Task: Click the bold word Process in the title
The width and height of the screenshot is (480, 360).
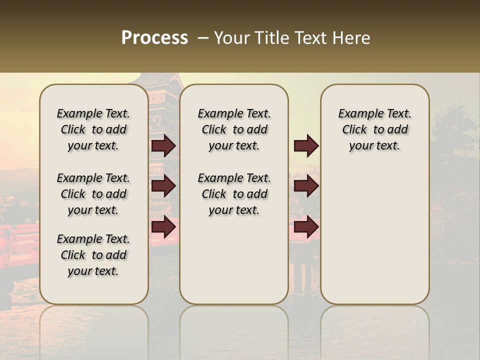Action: point(154,38)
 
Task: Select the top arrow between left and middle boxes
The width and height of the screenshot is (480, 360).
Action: point(163,145)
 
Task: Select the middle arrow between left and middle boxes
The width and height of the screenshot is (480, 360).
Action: point(163,186)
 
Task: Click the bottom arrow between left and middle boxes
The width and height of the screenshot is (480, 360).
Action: point(163,226)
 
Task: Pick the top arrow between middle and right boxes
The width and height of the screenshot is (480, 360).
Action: point(306,145)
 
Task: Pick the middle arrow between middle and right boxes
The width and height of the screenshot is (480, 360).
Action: point(306,186)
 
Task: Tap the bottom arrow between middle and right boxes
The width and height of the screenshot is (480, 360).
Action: point(306,226)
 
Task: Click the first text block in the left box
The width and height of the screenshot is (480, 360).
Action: point(93,129)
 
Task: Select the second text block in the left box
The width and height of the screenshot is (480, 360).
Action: point(93,194)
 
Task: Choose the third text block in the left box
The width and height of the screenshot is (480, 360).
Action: point(93,255)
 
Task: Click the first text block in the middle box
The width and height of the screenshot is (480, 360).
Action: point(234,129)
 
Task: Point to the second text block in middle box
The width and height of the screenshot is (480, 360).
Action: point(234,194)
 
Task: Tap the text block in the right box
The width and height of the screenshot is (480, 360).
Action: point(374,129)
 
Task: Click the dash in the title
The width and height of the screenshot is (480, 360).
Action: point(202,38)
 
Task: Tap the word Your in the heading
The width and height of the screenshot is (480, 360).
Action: point(231,38)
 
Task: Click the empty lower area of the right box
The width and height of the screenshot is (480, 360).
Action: point(374,240)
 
